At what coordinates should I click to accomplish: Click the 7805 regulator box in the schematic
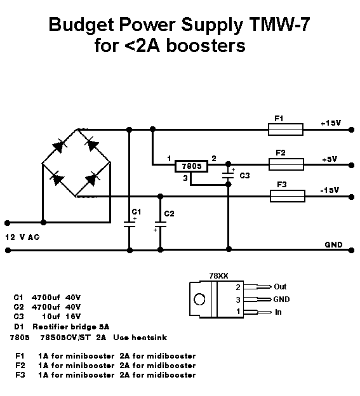(x=192, y=166)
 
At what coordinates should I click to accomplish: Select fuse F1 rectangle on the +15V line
(x=286, y=129)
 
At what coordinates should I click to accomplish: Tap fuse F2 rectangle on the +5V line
(x=286, y=164)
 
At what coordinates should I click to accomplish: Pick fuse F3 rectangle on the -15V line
(x=288, y=196)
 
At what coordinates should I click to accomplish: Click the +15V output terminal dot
(x=351, y=130)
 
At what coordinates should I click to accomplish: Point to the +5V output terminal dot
(x=351, y=165)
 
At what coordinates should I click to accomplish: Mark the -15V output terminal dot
(x=351, y=197)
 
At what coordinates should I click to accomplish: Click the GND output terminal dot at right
(x=351, y=250)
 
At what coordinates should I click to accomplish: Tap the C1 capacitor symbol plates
(x=130, y=224)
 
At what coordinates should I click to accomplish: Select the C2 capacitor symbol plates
(x=161, y=224)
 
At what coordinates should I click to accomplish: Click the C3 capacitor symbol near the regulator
(x=228, y=175)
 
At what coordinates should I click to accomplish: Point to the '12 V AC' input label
(x=22, y=237)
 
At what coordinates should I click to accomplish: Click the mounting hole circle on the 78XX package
(x=199, y=300)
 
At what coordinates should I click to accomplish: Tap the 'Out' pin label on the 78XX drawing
(x=280, y=287)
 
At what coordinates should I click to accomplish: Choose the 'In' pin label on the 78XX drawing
(x=278, y=312)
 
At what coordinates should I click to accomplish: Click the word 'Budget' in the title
(x=81, y=25)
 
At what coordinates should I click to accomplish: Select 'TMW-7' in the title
(x=279, y=24)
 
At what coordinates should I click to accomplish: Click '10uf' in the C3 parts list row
(x=51, y=317)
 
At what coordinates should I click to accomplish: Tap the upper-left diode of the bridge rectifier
(x=58, y=146)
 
